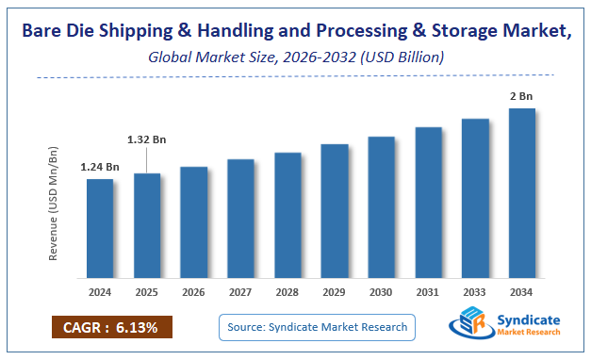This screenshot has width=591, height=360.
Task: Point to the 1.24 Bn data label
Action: tap(100, 167)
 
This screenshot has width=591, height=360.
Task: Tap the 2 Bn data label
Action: tap(522, 96)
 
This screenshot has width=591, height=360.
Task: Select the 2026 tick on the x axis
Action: tap(194, 291)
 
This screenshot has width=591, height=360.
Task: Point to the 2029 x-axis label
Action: tap(335, 291)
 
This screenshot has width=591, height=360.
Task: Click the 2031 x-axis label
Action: tap(428, 291)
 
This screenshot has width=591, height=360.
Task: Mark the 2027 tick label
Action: tap(240, 291)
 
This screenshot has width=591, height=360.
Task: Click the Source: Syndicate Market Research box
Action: tap(317, 327)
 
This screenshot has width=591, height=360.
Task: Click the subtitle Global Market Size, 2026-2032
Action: tap(295, 57)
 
